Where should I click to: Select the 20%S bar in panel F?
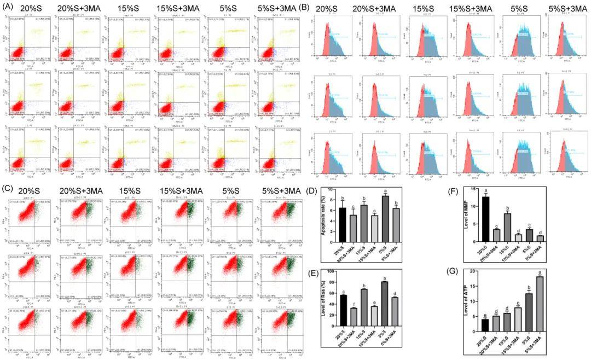tap(484, 219)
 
